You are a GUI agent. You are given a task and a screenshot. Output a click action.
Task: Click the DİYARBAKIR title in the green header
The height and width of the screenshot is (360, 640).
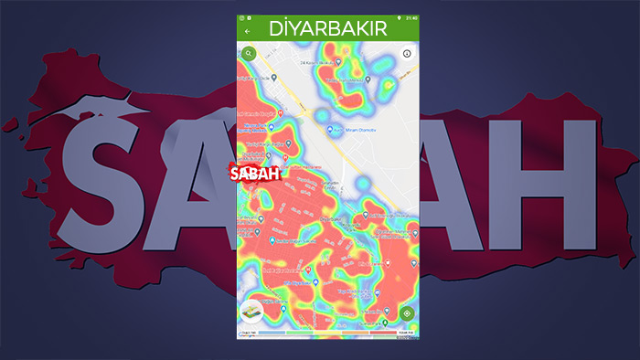pyautogui.click(x=327, y=28)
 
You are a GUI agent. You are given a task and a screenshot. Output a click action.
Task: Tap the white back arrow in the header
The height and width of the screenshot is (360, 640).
pyautogui.click(x=248, y=31)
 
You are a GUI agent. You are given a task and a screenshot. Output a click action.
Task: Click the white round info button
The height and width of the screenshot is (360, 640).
pyautogui.click(x=408, y=53)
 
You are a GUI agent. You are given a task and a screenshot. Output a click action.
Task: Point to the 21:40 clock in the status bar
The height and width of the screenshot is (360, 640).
pyautogui.click(x=411, y=17)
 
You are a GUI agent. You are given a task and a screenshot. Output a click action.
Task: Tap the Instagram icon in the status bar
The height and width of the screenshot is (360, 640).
pyautogui.click(x=243, y=17)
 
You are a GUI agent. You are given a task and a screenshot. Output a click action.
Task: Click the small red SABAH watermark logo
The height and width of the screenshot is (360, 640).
pyautogui.click(x=255, y=173)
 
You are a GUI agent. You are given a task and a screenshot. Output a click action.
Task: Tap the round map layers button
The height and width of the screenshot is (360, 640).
pyautogui.click(x=251, y=313)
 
